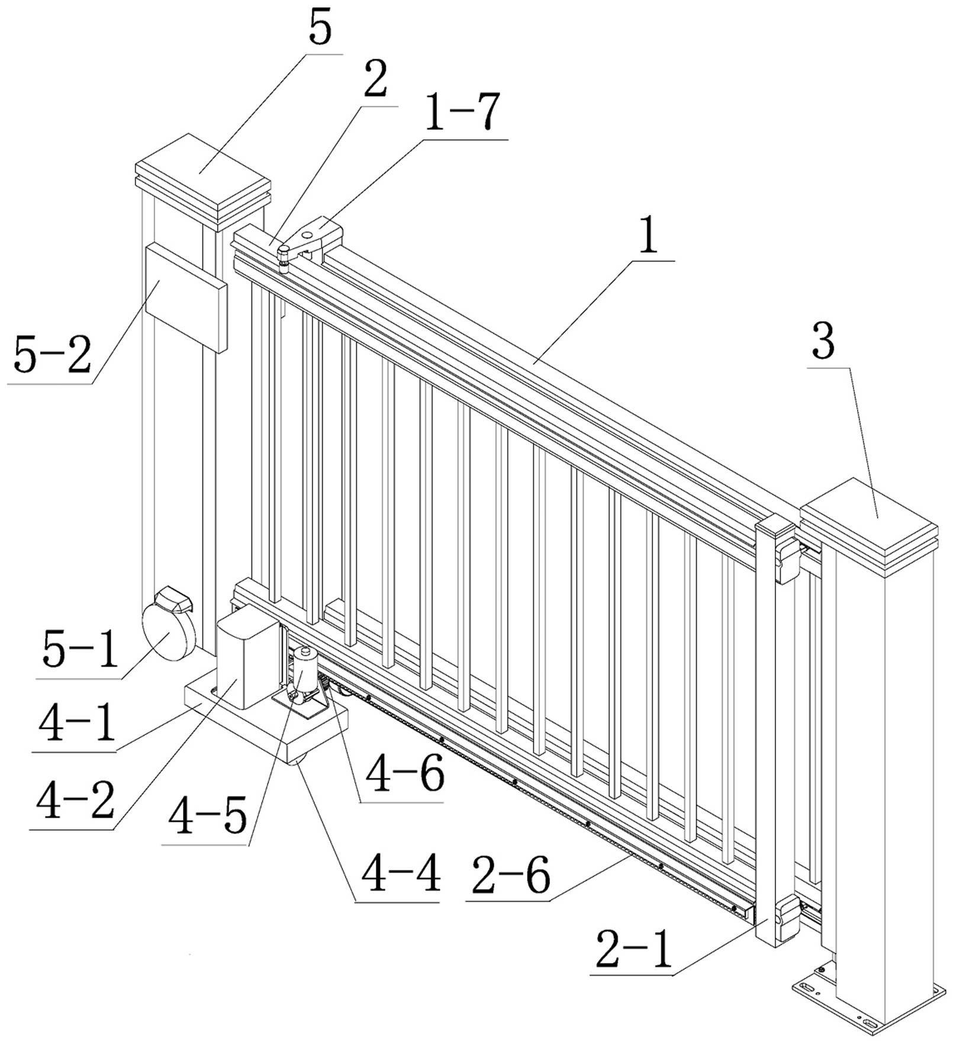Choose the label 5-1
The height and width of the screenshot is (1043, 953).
(x=80, y=650)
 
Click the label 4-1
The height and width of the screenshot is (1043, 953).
(x=77, y=725)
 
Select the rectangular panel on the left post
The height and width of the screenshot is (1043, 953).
(x=185, y=299)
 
